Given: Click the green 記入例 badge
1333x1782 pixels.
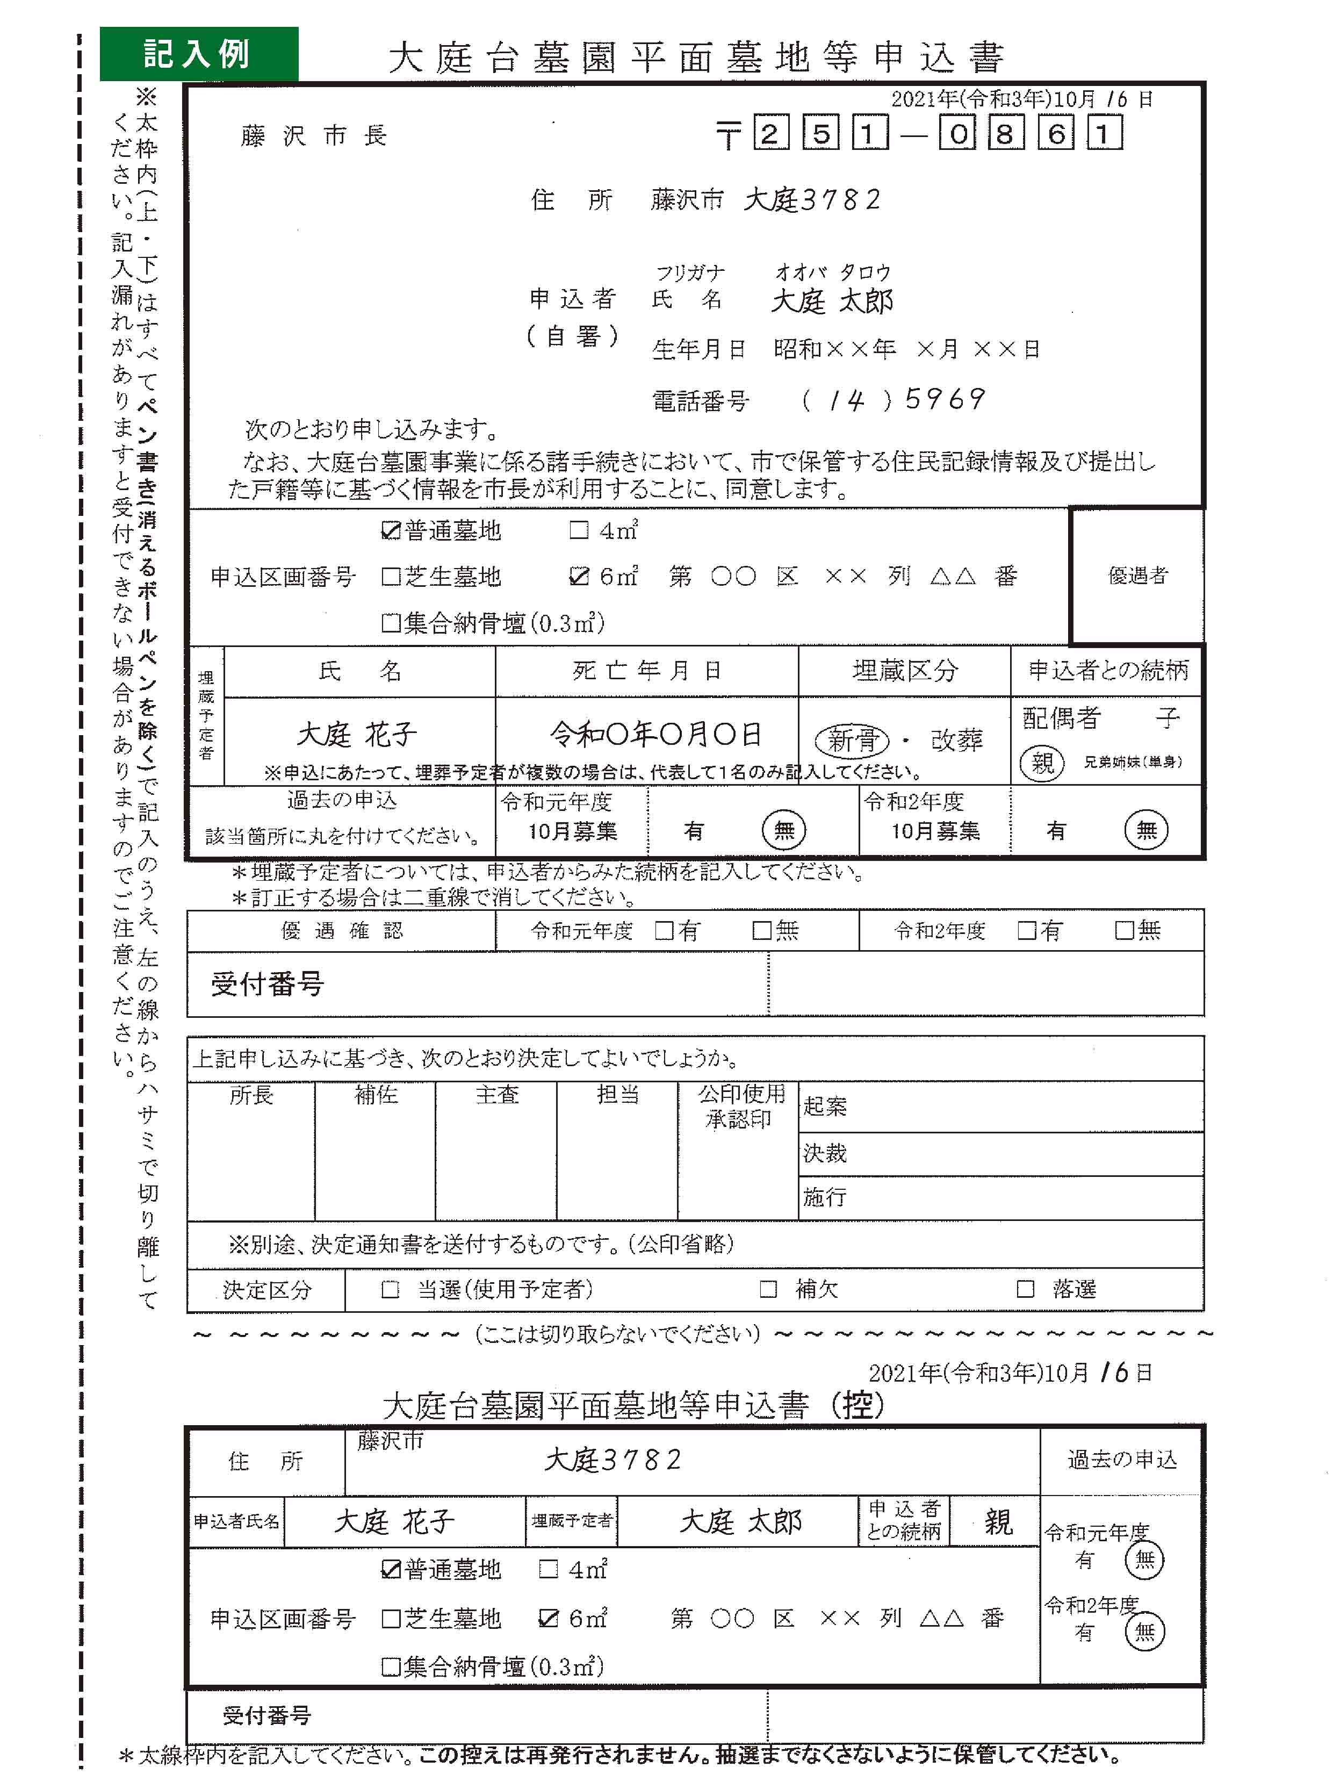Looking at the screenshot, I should [198, 53].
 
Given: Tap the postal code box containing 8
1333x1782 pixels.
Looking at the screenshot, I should [1004, 133].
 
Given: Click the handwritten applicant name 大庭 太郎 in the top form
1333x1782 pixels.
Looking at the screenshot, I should [831, 300].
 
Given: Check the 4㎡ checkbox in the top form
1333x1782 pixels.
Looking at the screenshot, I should [578, 530].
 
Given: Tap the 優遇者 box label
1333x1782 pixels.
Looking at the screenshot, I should [1137, 575].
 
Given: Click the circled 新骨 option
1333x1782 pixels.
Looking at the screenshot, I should [852, 739].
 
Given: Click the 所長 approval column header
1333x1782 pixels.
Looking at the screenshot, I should [251, 1095].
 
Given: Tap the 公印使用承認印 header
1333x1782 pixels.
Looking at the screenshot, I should [739, 1106].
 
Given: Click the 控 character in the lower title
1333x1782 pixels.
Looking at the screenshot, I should [858, 1406].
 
